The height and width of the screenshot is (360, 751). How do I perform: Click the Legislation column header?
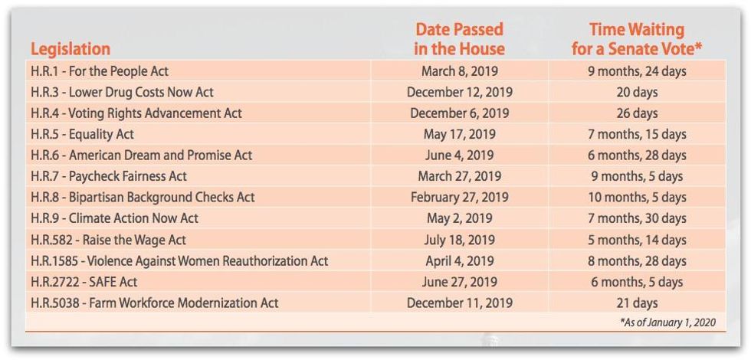click(x=71, y=49)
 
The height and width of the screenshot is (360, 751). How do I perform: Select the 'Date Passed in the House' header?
click(x=459, y=39)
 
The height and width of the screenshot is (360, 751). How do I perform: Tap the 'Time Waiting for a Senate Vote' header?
click(x=636, y=39)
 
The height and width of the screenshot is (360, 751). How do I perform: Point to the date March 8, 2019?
click(x=459, y=71)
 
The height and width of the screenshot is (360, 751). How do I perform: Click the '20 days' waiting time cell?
click(x=636, y=92)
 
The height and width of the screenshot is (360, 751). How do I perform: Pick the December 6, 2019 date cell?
click(x=459, y=113)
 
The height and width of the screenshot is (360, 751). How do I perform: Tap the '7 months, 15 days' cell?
click(x=636, y=134)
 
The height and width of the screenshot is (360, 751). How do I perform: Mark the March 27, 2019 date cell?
click(x=459, y=176)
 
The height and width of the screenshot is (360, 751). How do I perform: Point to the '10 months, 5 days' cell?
click(x=636, y=197)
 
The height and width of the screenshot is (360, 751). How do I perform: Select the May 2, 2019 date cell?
click(x=459, y=218)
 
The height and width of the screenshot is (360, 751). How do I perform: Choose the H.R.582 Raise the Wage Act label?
click(x=108, y=240)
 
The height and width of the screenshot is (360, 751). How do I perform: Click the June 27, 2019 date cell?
click(x=459, y=282)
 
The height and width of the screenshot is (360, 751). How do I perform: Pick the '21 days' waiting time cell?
click(x=636, y=303)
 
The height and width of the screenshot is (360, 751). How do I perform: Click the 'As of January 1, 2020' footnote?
click(x=667, y=322)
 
